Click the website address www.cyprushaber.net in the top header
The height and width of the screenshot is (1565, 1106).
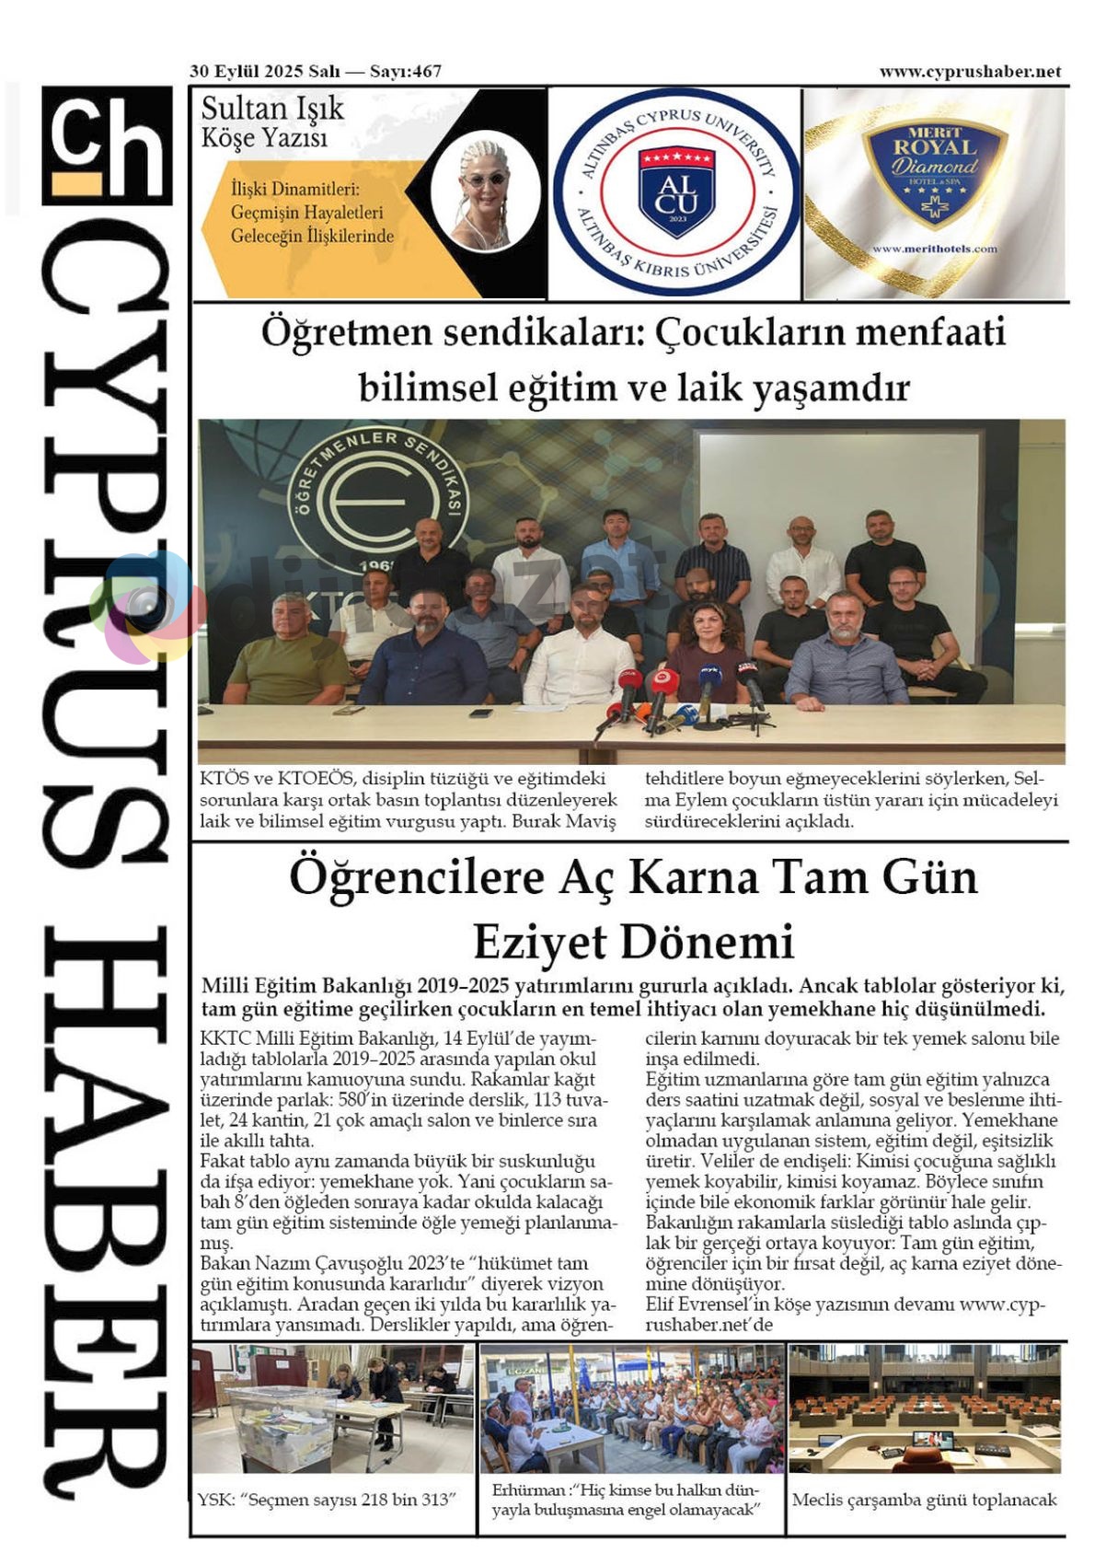point(970,72)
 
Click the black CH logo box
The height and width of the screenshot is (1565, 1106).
point(107,145)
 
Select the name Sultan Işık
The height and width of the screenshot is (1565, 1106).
point(271,109)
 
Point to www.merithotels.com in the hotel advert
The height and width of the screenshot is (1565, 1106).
point(934,249)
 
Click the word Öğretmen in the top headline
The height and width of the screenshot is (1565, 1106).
point(345,331)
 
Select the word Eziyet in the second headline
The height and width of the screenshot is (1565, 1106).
point(541,941)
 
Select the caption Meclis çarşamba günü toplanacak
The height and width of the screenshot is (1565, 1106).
point(924,1500)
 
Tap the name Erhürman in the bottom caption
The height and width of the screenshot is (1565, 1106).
point(528,1490)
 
